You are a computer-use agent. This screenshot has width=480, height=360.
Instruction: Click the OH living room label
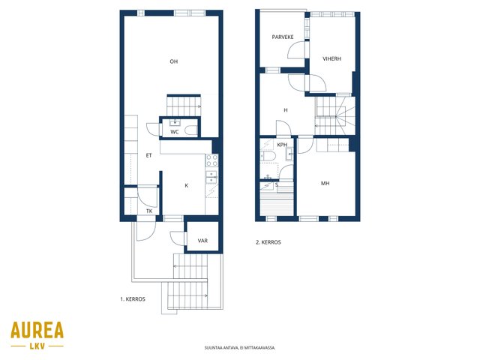[173, 61]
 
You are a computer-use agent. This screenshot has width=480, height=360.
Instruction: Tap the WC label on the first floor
[175, 132]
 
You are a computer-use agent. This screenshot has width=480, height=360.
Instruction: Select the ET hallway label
[148, 155]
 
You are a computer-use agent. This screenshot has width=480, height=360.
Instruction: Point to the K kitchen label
[187, 185]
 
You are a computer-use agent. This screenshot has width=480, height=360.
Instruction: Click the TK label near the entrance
[149, 211]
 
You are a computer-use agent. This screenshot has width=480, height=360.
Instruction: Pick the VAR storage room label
[202, 241]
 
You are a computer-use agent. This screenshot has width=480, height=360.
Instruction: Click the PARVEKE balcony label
[283, 37]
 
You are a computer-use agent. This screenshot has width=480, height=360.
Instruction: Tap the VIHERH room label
[331, 58]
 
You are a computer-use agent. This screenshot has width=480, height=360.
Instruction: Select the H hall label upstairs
[286, 110]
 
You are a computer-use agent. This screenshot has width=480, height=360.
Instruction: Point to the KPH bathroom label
[282, 145]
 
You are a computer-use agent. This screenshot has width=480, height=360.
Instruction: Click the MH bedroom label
[325, 183]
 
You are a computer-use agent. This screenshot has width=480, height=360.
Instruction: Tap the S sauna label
[277, 185]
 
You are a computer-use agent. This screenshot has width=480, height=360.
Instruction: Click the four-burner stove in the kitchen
[211, 160]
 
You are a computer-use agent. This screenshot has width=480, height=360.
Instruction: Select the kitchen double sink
[211, 177]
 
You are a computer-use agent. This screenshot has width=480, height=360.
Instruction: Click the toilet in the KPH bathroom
[268, 156]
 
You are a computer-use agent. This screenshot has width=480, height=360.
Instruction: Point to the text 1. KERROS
[133, 299]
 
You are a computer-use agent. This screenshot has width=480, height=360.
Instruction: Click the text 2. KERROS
[268, 242]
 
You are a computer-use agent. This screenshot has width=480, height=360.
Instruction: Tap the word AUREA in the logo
[37, 330]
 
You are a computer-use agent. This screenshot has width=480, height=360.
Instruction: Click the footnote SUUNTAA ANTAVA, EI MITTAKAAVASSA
[240, 348]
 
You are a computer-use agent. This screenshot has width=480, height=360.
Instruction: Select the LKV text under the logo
[37, 346]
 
